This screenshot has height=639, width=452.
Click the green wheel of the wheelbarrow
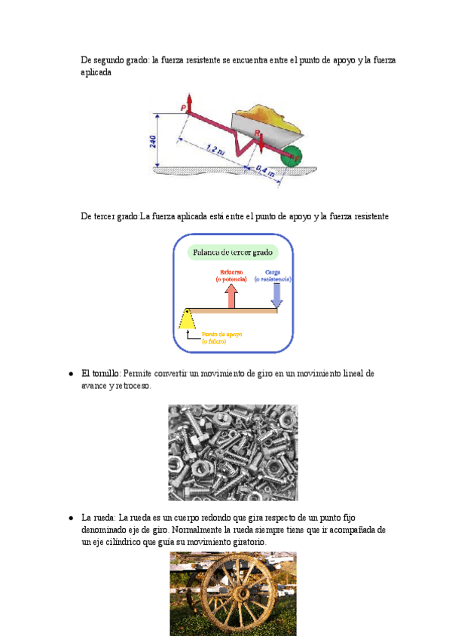290,156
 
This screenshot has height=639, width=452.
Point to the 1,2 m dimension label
214,149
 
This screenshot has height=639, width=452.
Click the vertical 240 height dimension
153,141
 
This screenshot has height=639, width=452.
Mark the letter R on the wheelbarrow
257,133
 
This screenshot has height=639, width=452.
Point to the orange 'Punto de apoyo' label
223,336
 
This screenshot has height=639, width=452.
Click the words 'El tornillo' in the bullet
100,373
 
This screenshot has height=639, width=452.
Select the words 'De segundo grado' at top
114,60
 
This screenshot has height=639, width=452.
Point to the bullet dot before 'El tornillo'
70,374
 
